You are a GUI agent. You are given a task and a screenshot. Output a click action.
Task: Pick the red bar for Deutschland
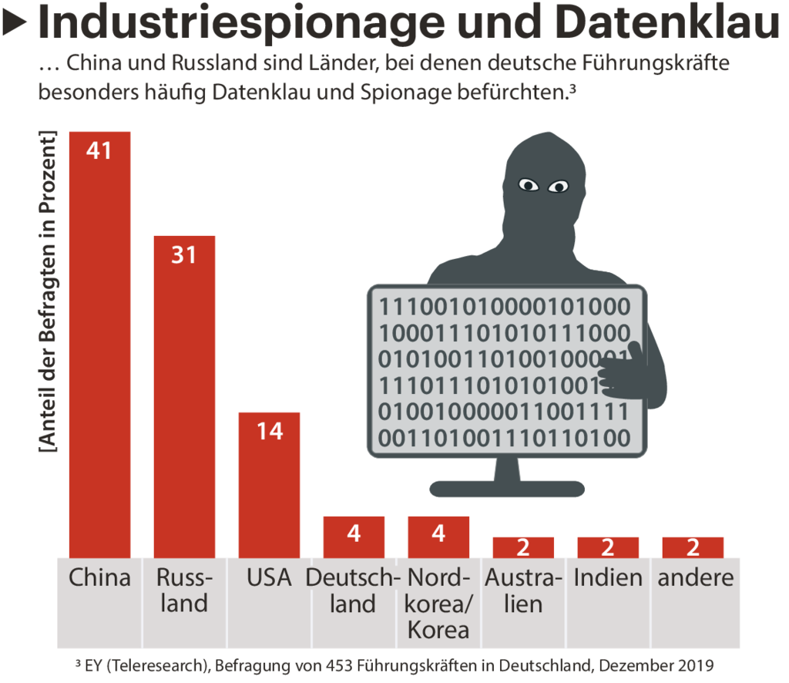(x=354, y=537)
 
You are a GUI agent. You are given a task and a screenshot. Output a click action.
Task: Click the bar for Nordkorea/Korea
(x=438, y=537)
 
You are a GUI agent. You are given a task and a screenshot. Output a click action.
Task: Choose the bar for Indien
(x=608, y=547)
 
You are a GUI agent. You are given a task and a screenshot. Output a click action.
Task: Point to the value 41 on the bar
(x=99, y=150)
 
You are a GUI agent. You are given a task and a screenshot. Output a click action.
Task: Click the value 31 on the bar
(x=184, y=254)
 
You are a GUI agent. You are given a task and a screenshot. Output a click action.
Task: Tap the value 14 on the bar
(x=269, y=431)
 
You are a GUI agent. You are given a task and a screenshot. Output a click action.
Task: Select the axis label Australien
(x=523, y=590)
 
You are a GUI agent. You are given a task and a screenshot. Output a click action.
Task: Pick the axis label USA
(x=269, y=577)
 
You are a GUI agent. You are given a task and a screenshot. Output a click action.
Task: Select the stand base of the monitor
(x=505, y=488)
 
